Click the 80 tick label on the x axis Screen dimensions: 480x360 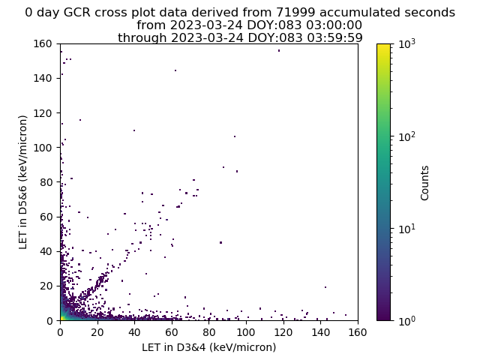(208, 332)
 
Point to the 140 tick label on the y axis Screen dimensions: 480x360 (43, 78)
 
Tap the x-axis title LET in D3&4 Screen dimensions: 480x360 (208, 347)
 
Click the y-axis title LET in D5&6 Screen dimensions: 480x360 (23, 182)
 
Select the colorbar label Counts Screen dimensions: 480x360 (424, 183)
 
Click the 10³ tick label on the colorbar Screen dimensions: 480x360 (407, 44)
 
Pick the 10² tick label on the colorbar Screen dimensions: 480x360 (407, 136)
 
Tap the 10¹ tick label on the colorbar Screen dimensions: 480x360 (407, 229)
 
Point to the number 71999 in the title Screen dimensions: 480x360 (295, 12)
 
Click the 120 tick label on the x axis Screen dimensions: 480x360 (283, 332)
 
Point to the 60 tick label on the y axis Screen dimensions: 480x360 (46, 217)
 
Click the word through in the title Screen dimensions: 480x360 (142, 38)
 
